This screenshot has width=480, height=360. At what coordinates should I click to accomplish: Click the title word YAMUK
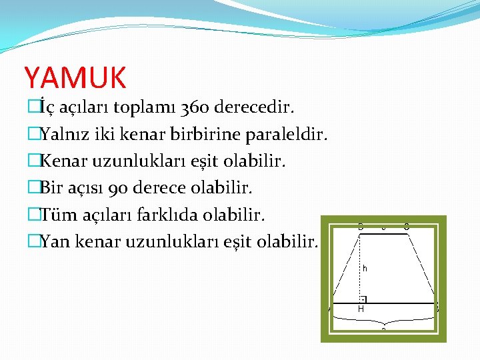(x=75, y=77)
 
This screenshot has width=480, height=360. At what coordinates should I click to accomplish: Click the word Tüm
(x=56, y=215)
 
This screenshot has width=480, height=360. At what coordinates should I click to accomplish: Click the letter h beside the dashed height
(x=365, y=268)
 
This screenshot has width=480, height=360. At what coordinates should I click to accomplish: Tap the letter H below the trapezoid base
(x=361, y=309)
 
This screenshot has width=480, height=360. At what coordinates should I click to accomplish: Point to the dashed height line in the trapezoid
(x=360, y=267)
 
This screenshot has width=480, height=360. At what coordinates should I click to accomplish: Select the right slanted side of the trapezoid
(x=422, y=267)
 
